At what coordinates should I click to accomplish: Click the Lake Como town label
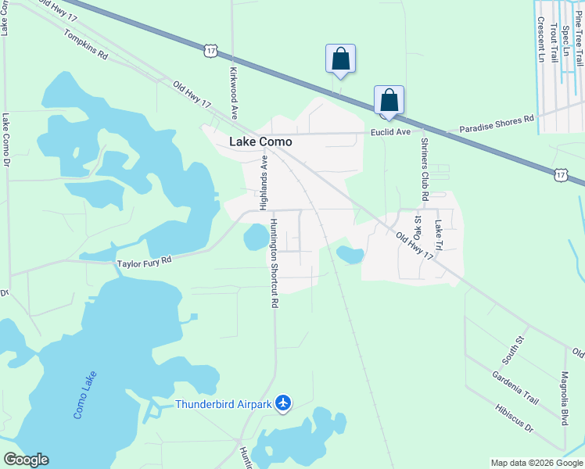[x=260, y=142]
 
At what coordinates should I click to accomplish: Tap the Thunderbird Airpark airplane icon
[x=283, y=403]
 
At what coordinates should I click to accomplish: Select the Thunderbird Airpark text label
[x=222, y=404]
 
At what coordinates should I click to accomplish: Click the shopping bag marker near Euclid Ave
[x=389, y=101]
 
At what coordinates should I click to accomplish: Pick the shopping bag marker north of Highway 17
[x=340, y=59]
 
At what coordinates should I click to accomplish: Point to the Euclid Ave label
[x=390, y=133]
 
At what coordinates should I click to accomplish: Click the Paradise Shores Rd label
[x=496, y=124]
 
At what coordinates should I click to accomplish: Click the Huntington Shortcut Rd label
[x=274, y=263]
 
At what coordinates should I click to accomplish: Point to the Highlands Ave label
[x=264, y=182]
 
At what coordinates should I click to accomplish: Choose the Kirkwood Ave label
[x=232, y=92]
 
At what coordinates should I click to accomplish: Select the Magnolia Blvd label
[x=563, y=399]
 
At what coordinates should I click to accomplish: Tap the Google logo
[x=26, y=460]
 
